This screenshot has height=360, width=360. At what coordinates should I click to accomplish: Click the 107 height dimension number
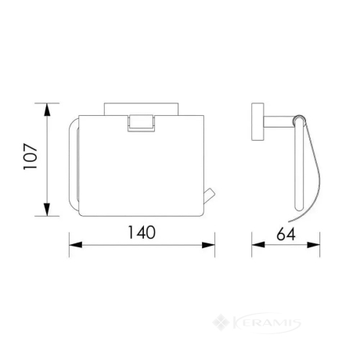tap(31, 157)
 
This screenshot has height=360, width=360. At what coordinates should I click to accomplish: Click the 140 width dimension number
tap(142, 232)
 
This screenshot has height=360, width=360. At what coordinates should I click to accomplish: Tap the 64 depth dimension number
tap(286, 234)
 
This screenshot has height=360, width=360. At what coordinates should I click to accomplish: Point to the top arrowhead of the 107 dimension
tap(47, 110)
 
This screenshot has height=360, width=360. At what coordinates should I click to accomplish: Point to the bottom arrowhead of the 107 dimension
tap(47, 210)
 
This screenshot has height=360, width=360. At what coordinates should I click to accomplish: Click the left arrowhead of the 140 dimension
tap(76, 245)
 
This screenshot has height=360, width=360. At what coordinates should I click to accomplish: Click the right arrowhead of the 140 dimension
tap(208, 245)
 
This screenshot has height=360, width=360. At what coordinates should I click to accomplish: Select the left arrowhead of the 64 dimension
tap(258, 245)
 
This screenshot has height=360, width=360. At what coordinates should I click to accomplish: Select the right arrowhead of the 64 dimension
tap(313, 245)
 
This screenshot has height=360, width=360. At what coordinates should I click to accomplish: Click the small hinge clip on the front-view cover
tap(141, 123)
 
